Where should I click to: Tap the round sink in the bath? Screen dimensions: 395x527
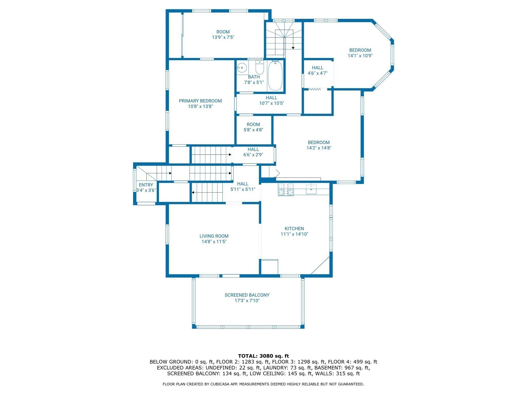coord(242,68)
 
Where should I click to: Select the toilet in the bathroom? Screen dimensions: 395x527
coord(259,68)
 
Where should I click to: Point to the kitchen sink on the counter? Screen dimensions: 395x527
coord(311,189)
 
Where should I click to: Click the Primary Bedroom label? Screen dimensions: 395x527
coord(200,101)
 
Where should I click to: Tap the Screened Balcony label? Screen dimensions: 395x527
coord(247,295)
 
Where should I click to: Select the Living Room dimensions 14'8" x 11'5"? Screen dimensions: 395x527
coord(214,241)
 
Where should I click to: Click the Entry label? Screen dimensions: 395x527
coord(146,185)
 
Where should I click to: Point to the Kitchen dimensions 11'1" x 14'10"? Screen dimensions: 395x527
coord(294,234)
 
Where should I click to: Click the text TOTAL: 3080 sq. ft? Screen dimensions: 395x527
coord(263,356)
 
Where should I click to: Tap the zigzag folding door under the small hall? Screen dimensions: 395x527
coord(314,89)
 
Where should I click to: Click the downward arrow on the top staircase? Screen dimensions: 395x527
coord(293,48)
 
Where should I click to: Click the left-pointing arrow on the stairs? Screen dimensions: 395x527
coord(193,192)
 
